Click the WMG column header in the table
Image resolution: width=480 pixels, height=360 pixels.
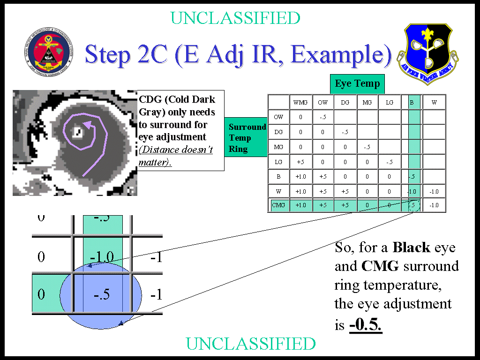coord(300,102)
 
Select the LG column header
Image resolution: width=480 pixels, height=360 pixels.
coord(390,102)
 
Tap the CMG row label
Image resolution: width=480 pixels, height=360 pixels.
coord(278,205)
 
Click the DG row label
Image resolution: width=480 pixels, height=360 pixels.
coord(278,132)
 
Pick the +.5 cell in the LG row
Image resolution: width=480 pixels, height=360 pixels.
coord(300,162)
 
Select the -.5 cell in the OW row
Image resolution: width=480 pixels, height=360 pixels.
coord(322,117)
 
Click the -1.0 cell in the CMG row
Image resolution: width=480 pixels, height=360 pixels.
coord(434,205)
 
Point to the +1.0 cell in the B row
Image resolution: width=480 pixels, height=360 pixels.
coord(300,177)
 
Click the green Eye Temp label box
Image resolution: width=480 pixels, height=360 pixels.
coord(357,84)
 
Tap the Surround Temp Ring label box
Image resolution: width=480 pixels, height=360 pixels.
coord(246,138)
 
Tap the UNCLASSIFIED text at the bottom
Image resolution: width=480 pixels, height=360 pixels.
coord(251,344)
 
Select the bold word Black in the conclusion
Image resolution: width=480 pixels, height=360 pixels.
coord(412,247)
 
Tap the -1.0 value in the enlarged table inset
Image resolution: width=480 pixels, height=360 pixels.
coord(102,257)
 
